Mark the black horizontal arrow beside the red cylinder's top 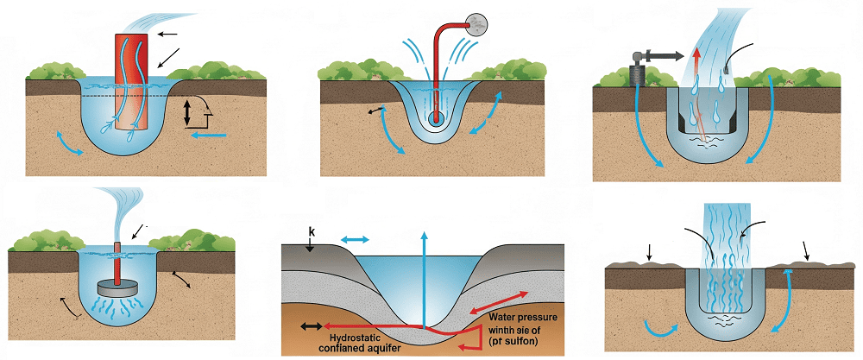167,34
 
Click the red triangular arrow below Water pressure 472,346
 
